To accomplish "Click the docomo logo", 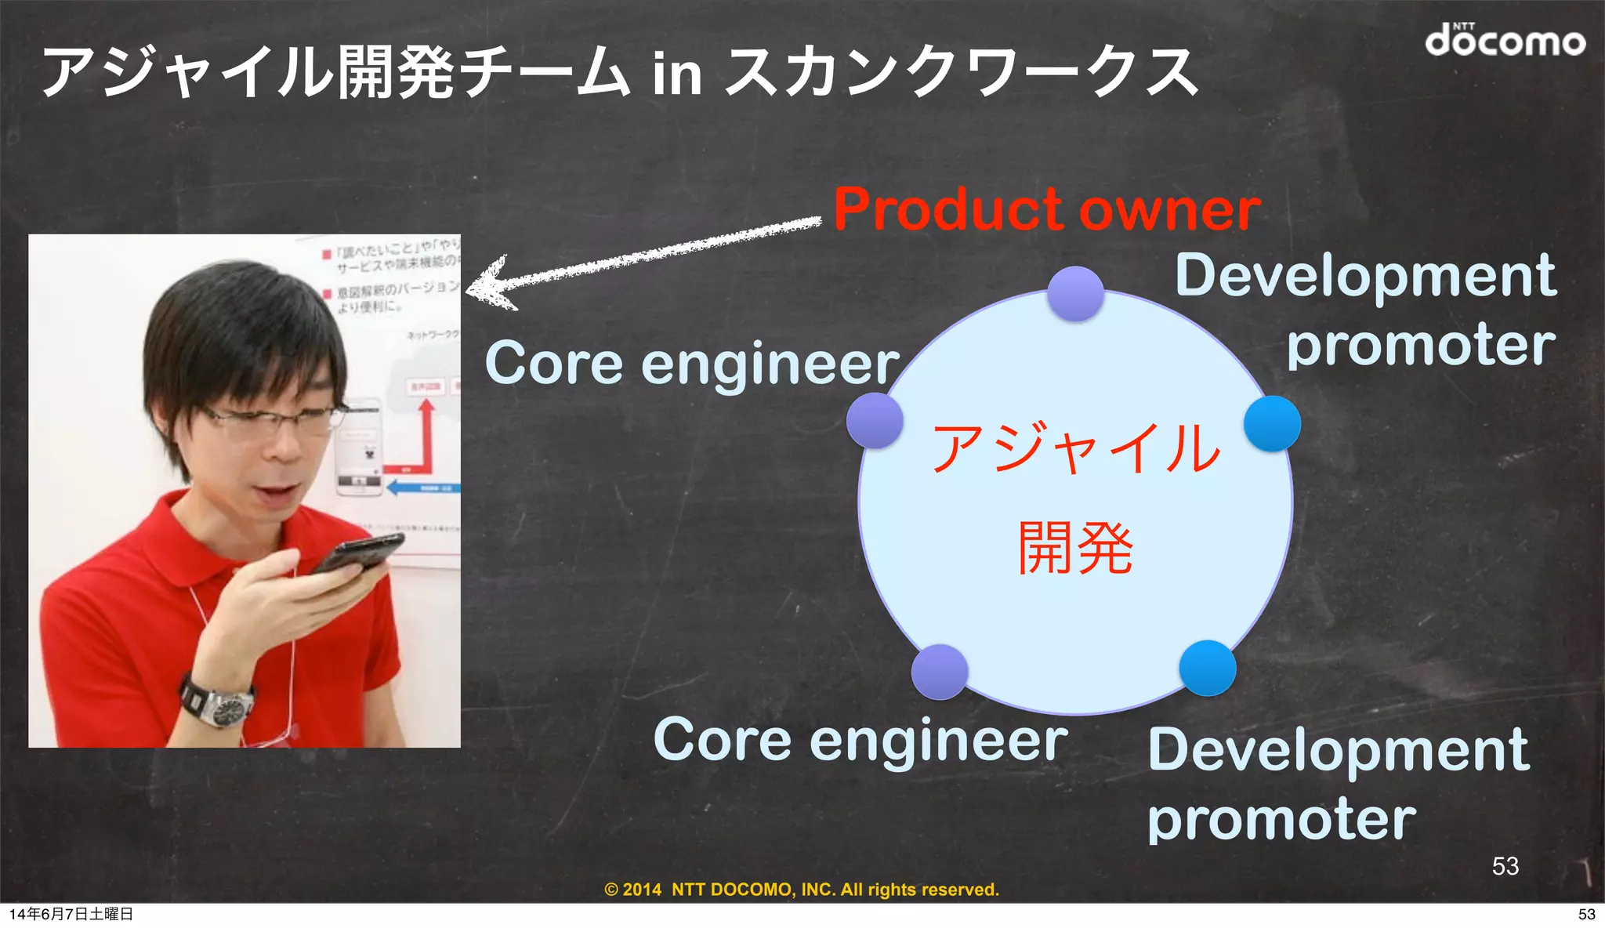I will point(1504,40).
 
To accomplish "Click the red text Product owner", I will point(1046,210).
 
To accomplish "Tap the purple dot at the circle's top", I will point(1075,294).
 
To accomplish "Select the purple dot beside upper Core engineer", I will point(875,421).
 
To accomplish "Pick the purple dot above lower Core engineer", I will point(940,672).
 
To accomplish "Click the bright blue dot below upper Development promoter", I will point(1272,424).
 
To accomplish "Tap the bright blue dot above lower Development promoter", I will point(1207,669).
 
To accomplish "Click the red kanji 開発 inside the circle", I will point(1075,548).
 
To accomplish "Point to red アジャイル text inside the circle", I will point(1075,448).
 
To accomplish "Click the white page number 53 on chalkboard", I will point(1505,866).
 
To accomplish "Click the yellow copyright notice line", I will point(802,890).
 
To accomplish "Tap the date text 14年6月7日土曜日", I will point(71,914).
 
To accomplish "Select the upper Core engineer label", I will point(691,364).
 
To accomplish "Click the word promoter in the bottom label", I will point(1281,820).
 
